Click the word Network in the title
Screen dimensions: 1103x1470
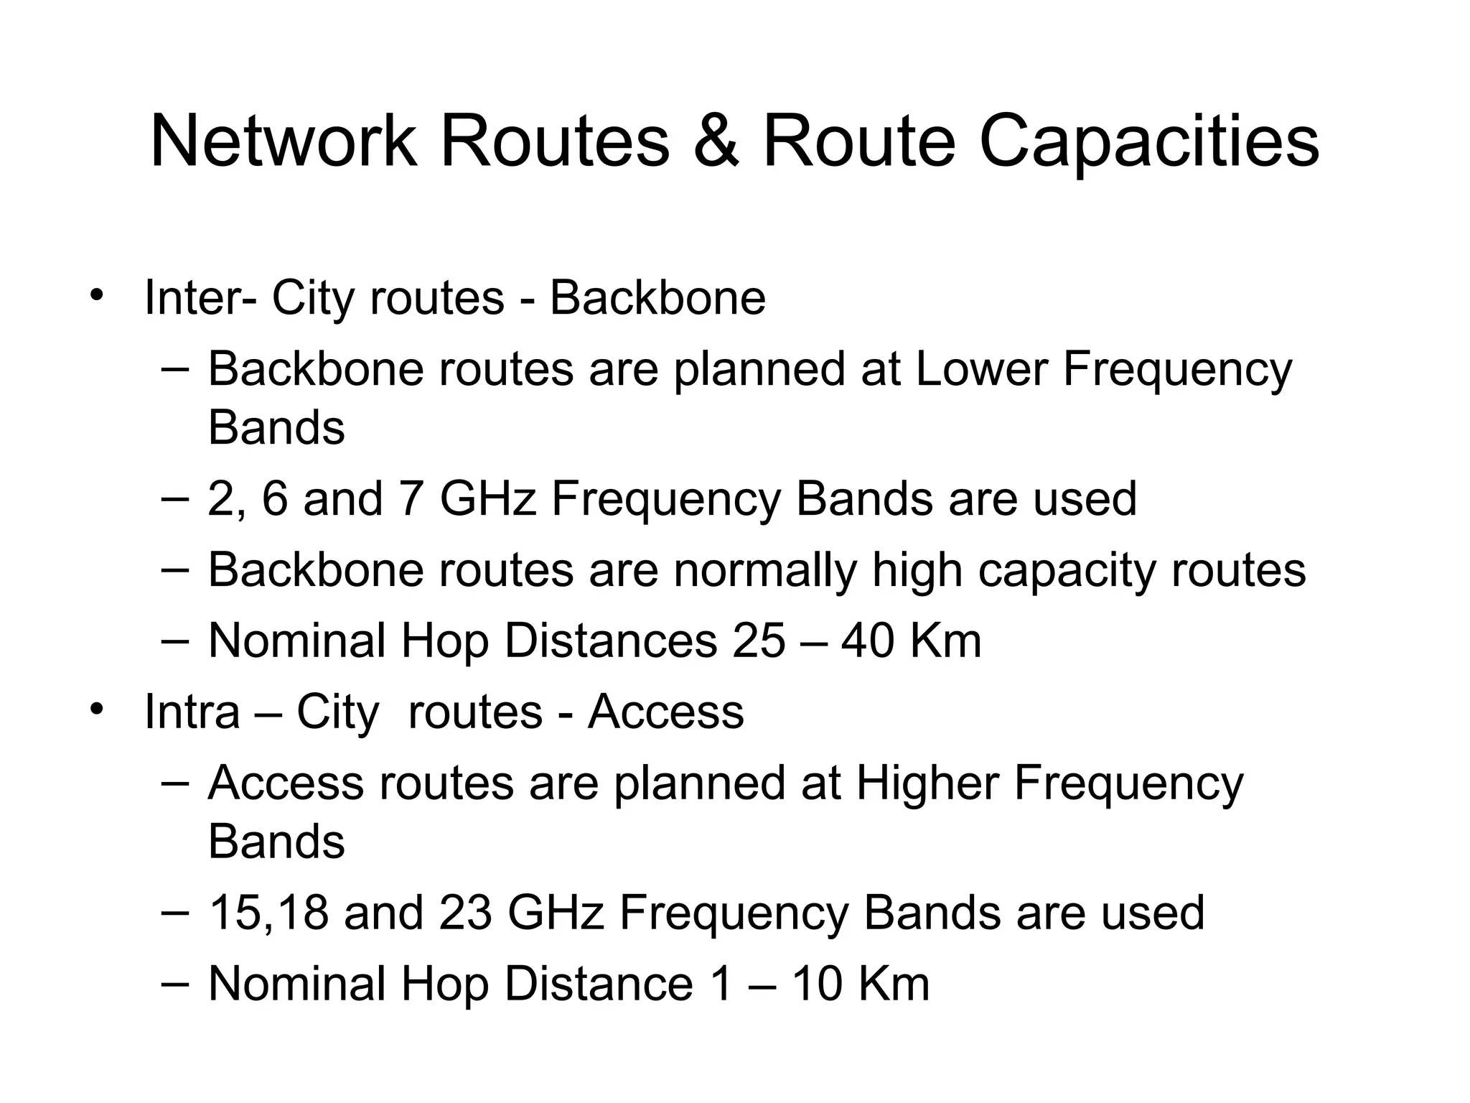(283, 141)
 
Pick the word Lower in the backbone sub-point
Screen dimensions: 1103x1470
(982, 369)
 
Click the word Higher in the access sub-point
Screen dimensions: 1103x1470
(927, 783)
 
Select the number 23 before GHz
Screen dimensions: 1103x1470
(465, 913)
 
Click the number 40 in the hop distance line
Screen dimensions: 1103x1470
(867, 641)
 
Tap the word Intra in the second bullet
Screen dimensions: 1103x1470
(192, 712)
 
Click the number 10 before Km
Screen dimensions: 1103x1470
(817, 983)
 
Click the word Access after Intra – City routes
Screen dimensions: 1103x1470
(665, 712)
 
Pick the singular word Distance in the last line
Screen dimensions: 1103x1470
(599, 983)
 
